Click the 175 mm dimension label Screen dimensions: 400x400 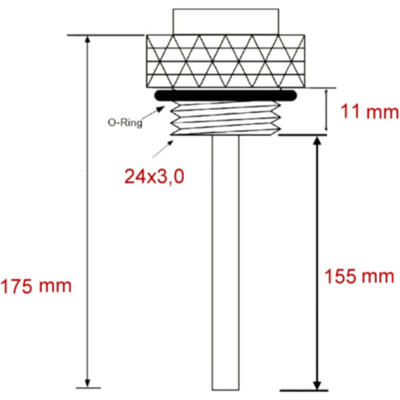pos(37,286)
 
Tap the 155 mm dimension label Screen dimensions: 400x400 pos(359,275)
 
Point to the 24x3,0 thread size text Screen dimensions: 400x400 pos(154,176)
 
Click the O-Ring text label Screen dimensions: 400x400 pos(125,123)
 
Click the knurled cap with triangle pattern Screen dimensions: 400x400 pos(226,60)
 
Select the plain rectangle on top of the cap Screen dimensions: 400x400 pos(225,21)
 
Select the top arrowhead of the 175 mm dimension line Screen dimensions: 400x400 pos(87,40)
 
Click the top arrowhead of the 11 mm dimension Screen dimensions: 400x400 pos(325,92)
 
